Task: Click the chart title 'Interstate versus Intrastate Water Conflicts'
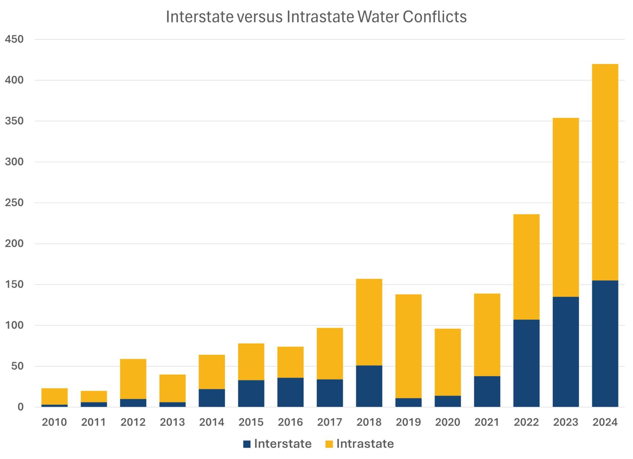316,17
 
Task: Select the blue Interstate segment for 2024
605,343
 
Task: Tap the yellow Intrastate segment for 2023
566,207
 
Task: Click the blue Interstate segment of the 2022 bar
526,363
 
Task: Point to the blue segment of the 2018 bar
369,386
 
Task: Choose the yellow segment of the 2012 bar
133,379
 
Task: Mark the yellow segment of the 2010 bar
54,396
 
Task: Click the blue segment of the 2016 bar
290,392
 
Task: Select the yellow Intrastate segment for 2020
448,362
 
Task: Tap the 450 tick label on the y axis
14,39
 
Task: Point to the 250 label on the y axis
14,203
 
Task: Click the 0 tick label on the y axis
20,407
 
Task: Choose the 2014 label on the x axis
211,422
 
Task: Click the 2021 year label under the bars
487,422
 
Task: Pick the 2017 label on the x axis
329,422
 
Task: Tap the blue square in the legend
247,444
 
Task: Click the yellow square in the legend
329,444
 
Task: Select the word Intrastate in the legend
365,444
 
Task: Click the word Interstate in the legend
283,444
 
